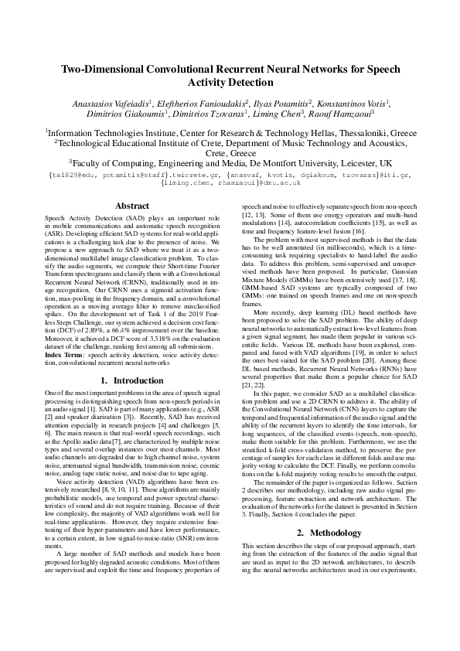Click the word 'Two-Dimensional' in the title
coord(115,69)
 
